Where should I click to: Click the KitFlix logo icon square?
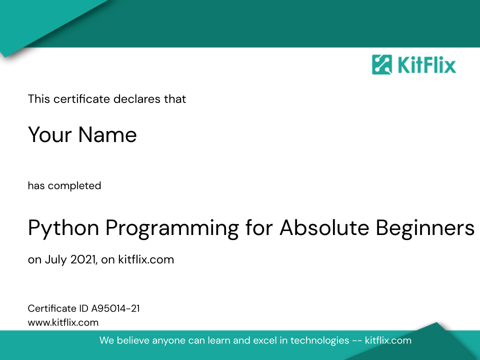381,64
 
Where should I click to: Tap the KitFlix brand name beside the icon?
426,64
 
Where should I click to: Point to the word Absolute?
324,227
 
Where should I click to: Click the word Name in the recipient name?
107,134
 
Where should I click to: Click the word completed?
74,186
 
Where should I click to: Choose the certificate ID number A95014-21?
115,308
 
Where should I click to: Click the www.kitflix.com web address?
63,322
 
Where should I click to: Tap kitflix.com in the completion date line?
146,259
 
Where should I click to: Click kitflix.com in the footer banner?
388,340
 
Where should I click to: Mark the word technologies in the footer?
319,340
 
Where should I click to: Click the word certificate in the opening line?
81,99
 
